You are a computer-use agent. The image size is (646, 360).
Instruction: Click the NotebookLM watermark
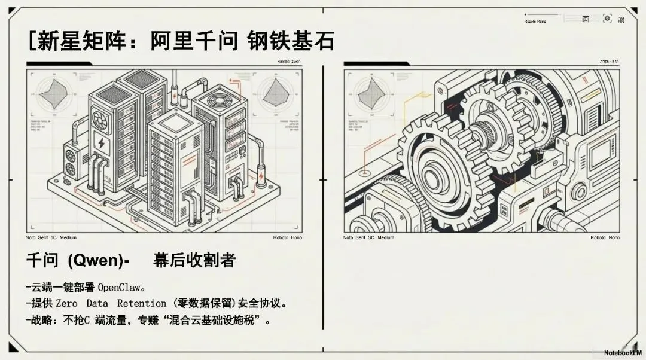[623, 353]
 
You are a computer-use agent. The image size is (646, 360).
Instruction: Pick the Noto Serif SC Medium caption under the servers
[51, 237]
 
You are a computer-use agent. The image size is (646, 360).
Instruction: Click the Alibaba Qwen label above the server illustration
[290, 62]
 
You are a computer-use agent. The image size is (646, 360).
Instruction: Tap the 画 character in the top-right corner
[586, 19]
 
